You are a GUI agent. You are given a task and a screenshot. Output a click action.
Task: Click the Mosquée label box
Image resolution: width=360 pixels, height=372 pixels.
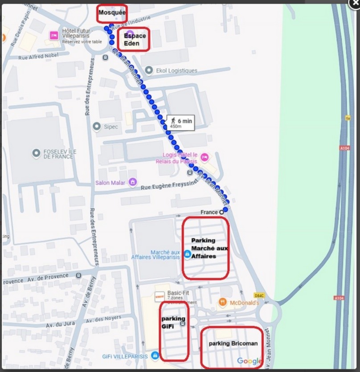(x=112, y=12)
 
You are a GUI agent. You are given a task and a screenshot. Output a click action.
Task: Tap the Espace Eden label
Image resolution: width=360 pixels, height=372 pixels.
(x=135, y=40)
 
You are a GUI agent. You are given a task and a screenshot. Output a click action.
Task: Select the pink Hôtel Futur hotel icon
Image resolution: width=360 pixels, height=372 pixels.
(x=54, y=35)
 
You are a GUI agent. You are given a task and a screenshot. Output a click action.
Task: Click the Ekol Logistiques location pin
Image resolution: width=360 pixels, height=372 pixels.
(x=149, y=70)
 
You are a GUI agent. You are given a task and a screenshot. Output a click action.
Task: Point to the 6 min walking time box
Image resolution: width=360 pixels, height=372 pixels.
(x=180, y=123)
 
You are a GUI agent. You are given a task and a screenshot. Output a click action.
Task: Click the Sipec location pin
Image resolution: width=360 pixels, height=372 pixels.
(x=96, y=127)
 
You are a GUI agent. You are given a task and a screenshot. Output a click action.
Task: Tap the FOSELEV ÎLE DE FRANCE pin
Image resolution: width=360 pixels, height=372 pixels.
(x=37, y=154)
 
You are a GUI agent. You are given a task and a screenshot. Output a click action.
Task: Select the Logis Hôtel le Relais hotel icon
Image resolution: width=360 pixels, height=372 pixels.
(x=205, y=157)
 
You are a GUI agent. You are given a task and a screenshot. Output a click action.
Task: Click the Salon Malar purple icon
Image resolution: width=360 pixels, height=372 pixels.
(x=132, y=182)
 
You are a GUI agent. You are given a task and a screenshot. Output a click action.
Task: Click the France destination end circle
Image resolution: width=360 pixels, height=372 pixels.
(x=221, y=212)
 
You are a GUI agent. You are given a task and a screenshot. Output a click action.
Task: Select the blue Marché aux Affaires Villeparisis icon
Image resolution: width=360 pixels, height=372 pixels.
(x=188, y=254)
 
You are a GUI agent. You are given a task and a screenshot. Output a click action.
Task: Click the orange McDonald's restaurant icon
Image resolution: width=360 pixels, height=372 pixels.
(x=223, y=303)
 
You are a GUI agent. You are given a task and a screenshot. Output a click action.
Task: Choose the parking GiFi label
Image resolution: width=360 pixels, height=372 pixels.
(x=173, y=322)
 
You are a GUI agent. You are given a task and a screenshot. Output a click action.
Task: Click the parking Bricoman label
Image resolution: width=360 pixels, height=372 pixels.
(x=233, y=343)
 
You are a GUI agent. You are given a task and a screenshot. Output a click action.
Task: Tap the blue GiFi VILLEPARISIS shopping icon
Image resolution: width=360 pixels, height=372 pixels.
(x=155, y=356)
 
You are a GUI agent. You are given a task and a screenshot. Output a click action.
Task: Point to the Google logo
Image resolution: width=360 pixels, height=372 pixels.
(x=249, y=361)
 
